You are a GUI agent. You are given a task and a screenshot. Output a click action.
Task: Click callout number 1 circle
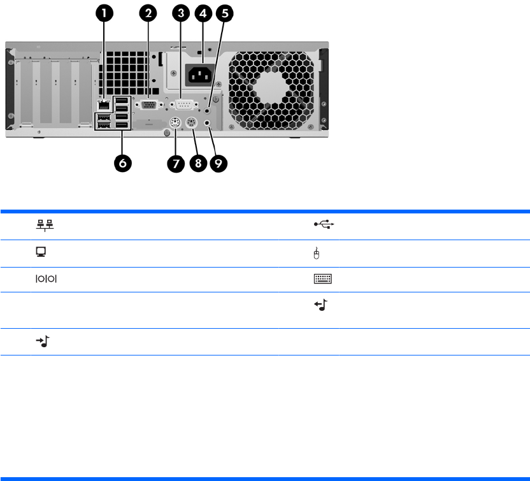tap(106, 13)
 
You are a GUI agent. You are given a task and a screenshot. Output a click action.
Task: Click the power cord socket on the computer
tap(200, 75)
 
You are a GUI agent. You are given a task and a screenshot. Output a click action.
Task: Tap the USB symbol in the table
tap(324, 224)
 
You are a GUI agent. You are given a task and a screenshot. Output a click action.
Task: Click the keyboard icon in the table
tap(323, 279)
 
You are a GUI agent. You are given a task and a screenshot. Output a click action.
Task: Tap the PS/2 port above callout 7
tap(175, 124)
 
